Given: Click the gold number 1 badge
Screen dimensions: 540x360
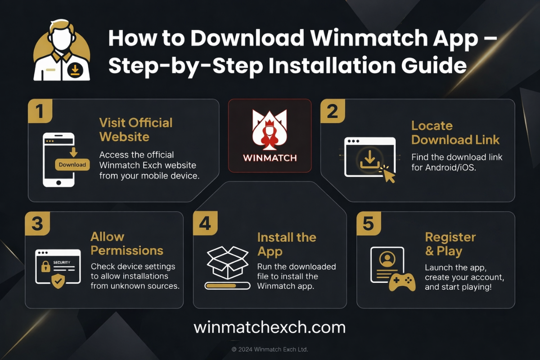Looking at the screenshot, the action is (x=40, y=111).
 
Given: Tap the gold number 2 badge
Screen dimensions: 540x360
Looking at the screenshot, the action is (x=333, y=111).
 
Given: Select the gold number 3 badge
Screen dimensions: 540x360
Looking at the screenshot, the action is (x=37, y=224).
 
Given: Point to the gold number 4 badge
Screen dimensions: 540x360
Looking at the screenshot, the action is (x=205, y=223).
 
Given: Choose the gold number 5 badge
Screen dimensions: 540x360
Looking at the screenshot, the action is (x=369, y=224).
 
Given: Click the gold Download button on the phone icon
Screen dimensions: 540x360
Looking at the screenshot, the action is (x=72, y=165).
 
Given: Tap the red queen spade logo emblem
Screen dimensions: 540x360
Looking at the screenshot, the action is (x=270, y=130).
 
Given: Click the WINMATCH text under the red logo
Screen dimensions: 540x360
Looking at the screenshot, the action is (x=270, y=158).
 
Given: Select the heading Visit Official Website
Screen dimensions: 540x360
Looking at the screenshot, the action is (x=136, y=130).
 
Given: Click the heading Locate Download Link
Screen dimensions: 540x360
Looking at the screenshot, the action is (x=455, y=133).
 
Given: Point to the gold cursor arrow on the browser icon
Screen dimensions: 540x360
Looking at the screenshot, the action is (x=388, y=175).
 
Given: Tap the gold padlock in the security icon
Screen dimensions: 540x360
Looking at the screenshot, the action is (x=46, y=267).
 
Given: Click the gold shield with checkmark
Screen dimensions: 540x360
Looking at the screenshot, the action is (x=58, y=281).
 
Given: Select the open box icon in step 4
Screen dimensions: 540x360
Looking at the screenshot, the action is (x=228, y=262).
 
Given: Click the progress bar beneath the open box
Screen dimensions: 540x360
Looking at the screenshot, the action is (x=227, y=286).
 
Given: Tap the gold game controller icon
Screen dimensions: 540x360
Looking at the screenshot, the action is (x=402, y=282).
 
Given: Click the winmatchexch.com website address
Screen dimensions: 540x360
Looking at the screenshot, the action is (x=270, y=328).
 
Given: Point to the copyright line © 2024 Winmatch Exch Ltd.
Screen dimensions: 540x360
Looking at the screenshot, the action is (x=270, y=349).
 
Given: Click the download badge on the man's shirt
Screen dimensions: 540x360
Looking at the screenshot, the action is (x=75, y=70).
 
